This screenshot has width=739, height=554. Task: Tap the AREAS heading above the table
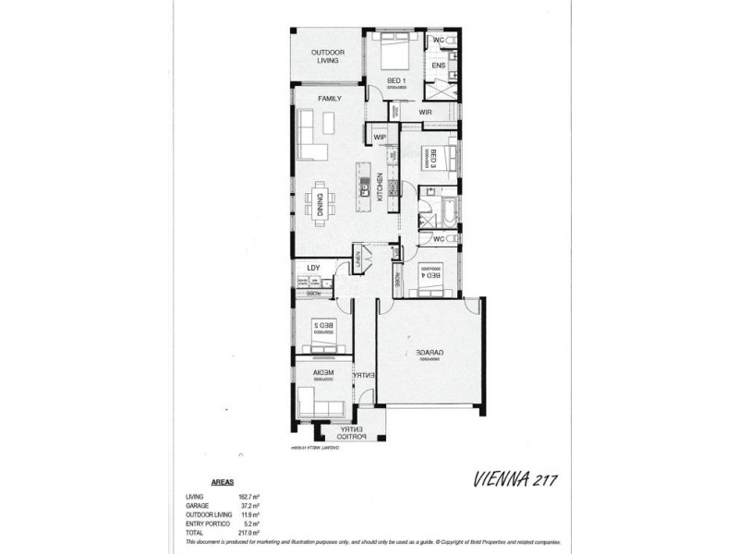coord(222,482)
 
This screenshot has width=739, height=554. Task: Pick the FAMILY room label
coord(330,98)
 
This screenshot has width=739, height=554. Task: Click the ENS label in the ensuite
coord(439,66)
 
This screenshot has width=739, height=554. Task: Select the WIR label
coord(426,113)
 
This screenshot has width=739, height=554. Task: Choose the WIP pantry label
coord(379,138)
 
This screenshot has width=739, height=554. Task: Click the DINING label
coord(321,201)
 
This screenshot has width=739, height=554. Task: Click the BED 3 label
coord(430,157)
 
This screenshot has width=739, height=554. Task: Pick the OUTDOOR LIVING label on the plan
coord(327,57)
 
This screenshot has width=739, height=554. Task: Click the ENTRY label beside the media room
coord(364,375)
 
